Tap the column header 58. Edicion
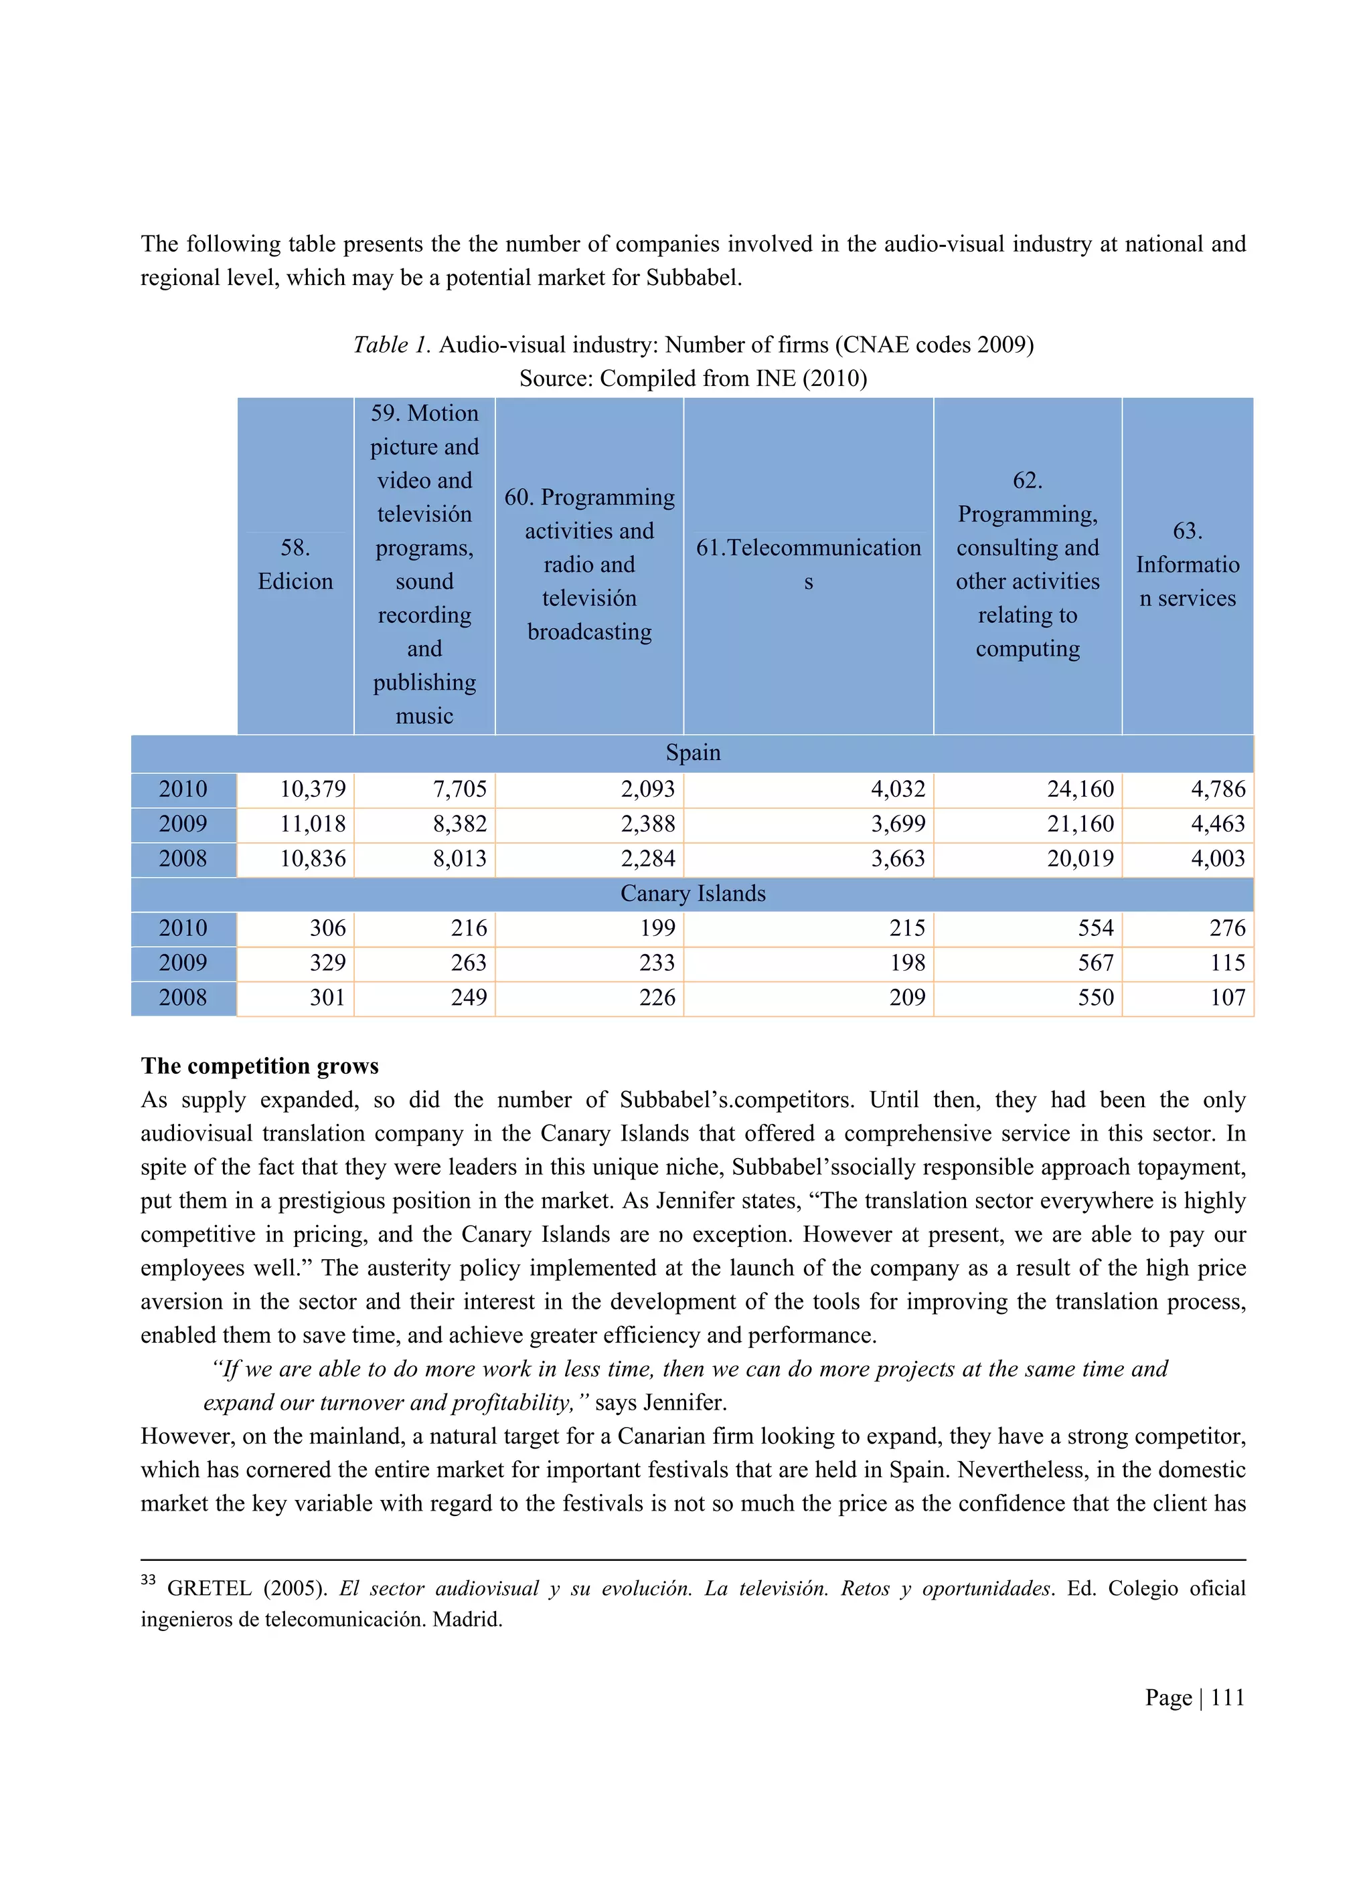(x=295, y=565)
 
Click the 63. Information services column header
(x=1186, y=565)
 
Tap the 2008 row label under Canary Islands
(x=183, y=997)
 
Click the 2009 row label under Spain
(x=183, y=824)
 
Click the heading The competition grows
(x=260, y=1066)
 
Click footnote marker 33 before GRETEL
(x=148, y=1579)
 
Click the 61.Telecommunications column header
(x=808, y=565)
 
